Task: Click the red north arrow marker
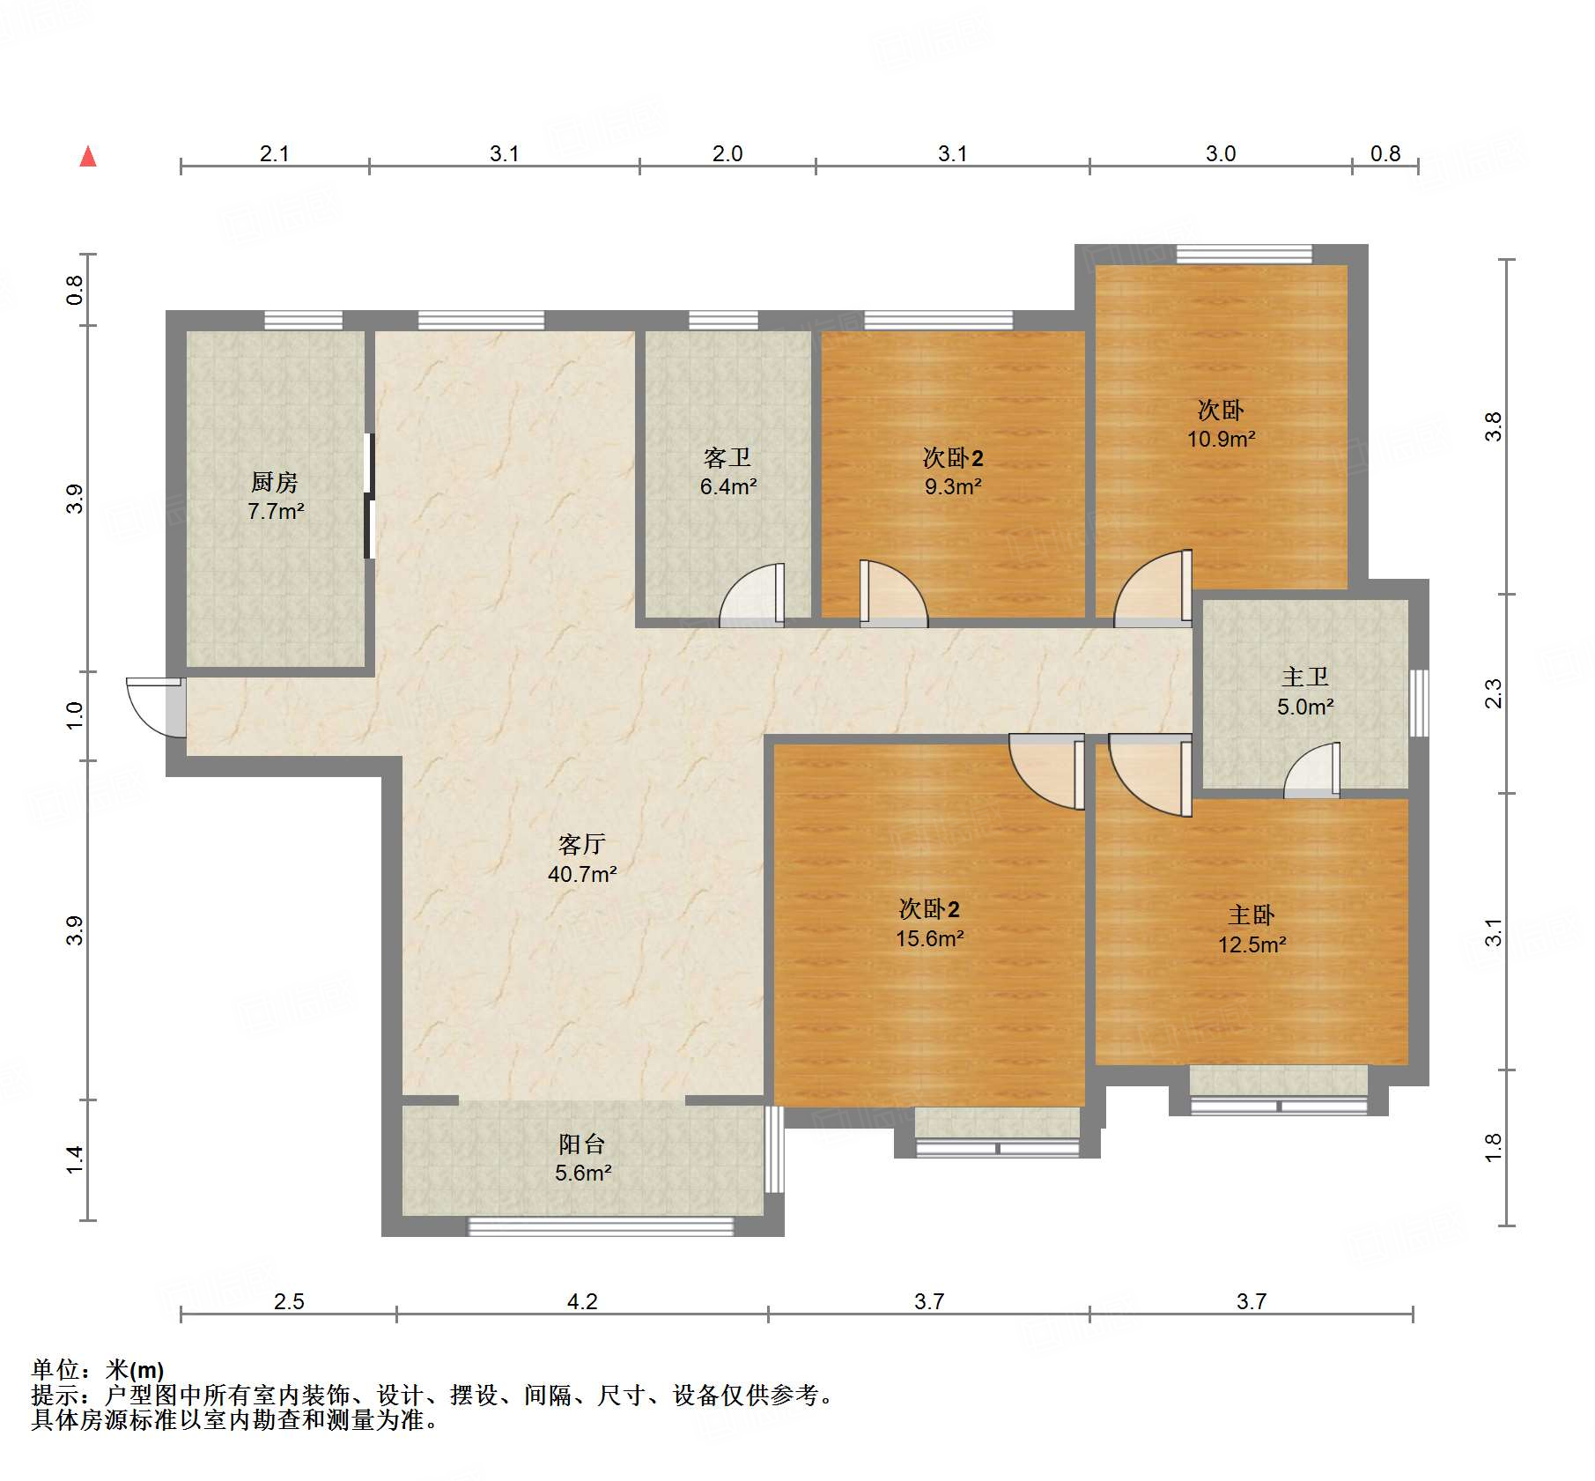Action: click(x=88, y=157)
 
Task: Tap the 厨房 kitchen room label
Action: click(x=275, y=482)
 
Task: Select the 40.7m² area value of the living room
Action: click(x=582, y=874)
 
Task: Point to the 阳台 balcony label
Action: click(x=582, y=1144)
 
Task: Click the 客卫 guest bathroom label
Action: click(x=727, y=457)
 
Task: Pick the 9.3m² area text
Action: click(x=953, y=486)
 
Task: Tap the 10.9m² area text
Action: click(x=1221, y=439)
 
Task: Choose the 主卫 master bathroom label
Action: click(x=1305, y=677)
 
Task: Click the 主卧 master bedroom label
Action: click(x=1252, y=915)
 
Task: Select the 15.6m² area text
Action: click(x=930, y=938)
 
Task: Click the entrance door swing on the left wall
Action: click(x=155, y=707)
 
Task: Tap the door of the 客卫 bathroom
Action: click(x=752, y=596)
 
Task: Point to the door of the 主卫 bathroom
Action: click(x=1312, y=770)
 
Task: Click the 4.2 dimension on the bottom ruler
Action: click(x=582, y=1301)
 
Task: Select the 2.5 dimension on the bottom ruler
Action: click(x=289, y=1301)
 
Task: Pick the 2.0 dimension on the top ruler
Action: click(x=727, y=153)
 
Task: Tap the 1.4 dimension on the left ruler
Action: click(x=75, y=1159)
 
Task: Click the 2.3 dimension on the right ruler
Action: click(x=1494, y=693)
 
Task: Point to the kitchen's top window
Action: click(x=304, y=321)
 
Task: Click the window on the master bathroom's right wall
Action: click(x=1419, y=703)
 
